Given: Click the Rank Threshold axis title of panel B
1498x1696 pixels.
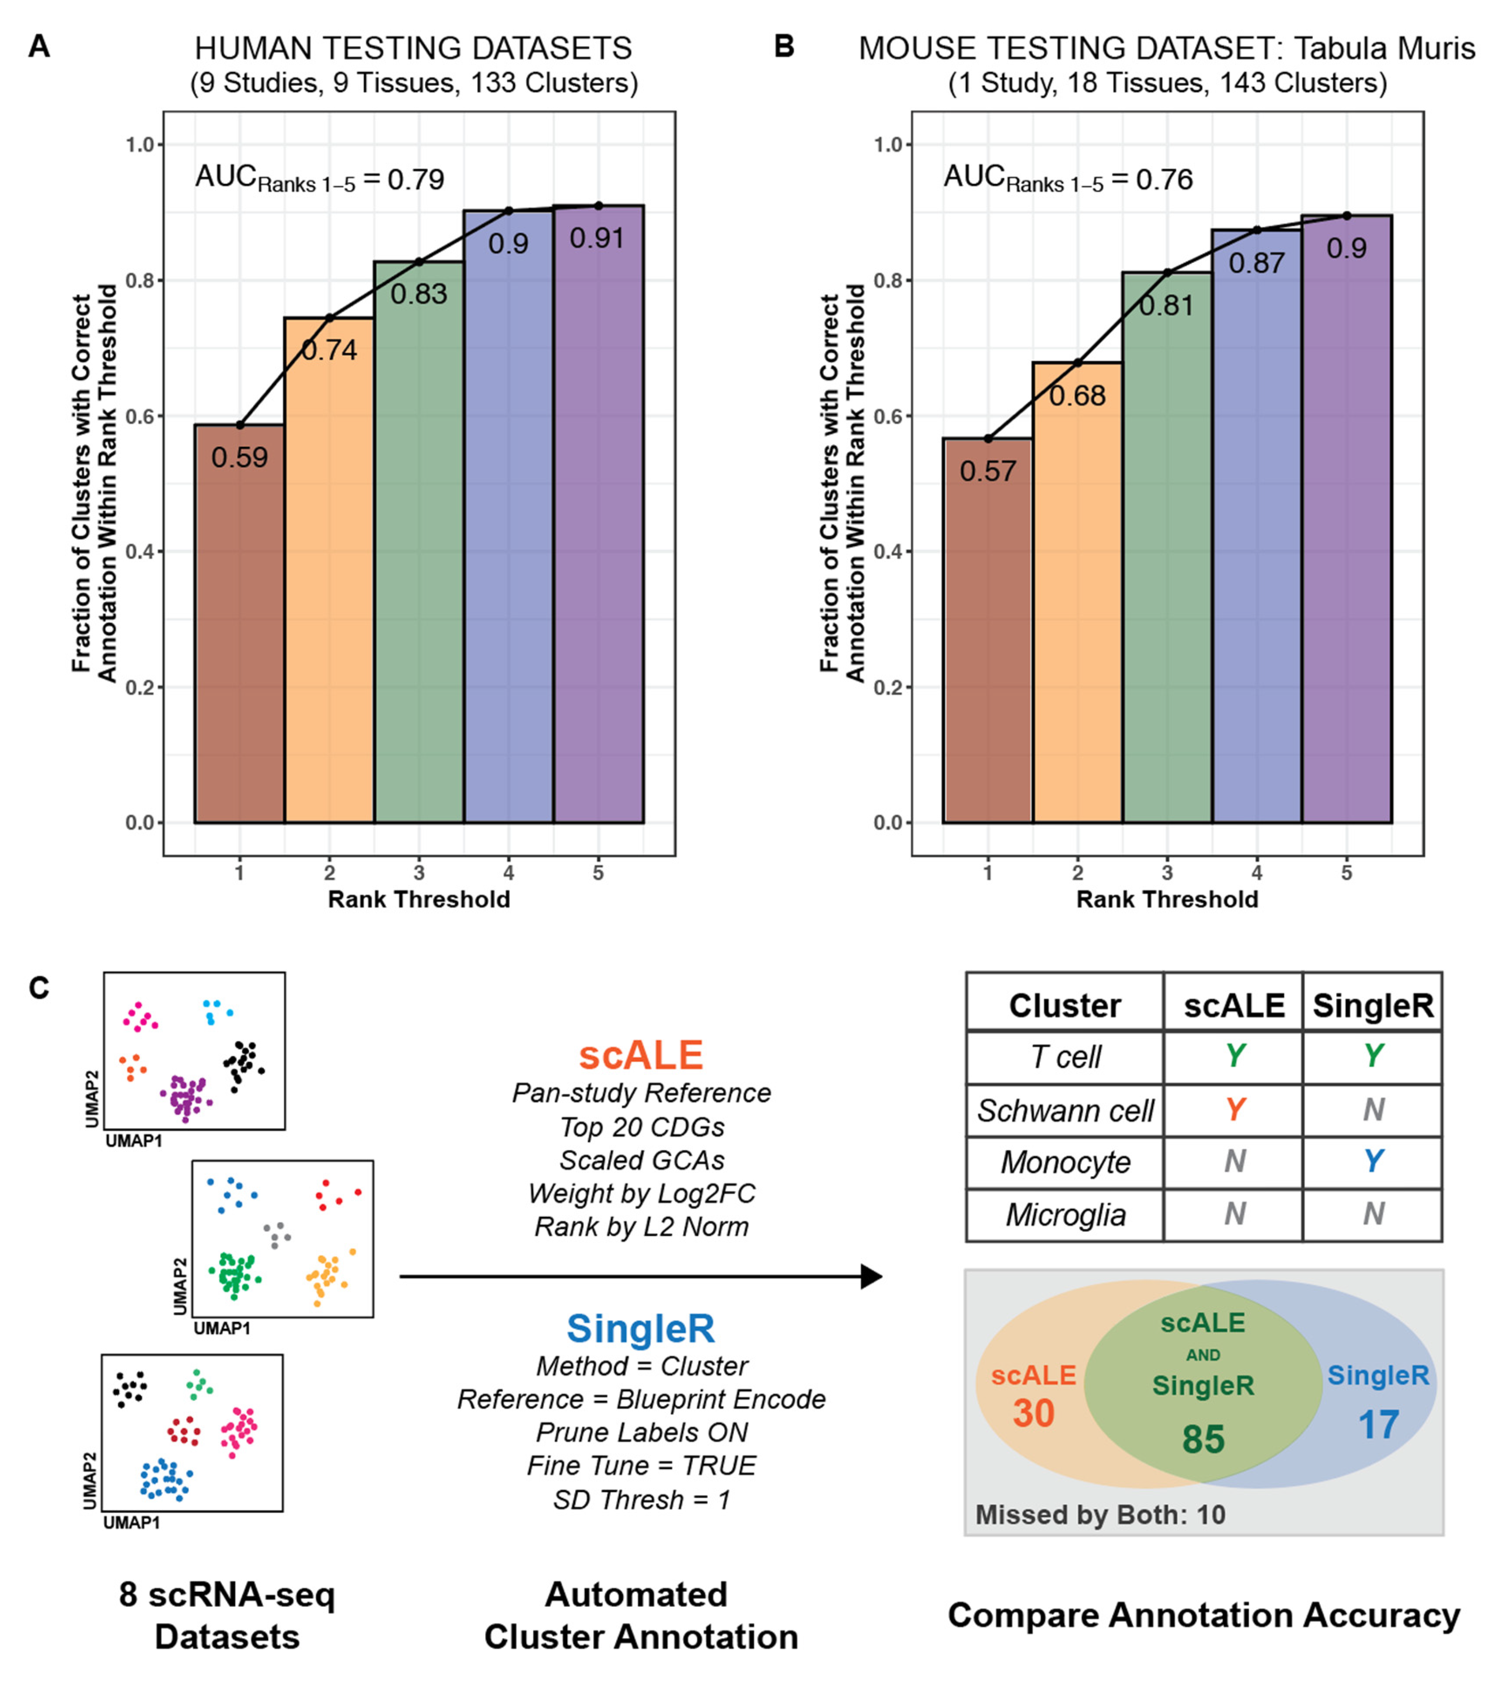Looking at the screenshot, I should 1166,899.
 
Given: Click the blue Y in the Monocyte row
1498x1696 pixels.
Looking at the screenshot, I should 1373,1161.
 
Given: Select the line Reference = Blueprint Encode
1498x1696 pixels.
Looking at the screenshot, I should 641,1400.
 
